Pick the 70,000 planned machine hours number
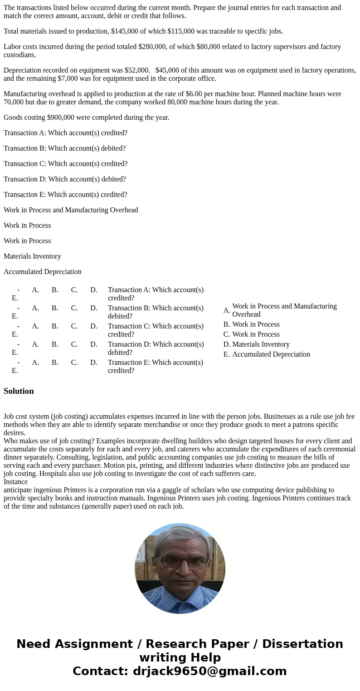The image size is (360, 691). point(14,102)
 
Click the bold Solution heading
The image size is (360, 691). point(19,391)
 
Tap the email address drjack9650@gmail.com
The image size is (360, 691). point(209,671)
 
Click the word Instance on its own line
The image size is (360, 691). point(15,482)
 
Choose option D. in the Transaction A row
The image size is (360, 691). point(94,290)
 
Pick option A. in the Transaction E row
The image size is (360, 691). point(35,363)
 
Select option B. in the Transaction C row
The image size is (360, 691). point(55,326)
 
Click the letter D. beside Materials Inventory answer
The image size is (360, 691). point(227,344)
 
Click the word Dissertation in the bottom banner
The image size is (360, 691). point(302,644)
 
